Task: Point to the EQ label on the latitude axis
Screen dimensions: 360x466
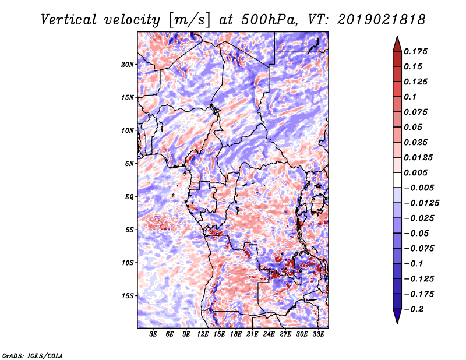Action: (x=129, y=197)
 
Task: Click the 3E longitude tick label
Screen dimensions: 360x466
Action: (x=154, y=334)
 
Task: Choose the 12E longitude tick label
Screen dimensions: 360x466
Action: (x=203, y=334)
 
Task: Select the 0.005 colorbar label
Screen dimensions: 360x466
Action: (x=417, y=172)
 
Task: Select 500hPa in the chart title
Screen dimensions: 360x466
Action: (x=258, y=20)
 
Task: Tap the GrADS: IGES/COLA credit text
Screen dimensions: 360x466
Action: (x=32, y=355)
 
